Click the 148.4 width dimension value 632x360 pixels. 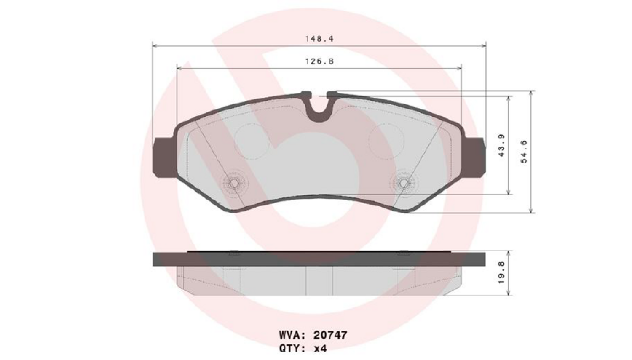pos(319,39)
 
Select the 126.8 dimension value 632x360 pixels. pos(319,61)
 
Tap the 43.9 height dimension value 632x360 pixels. pos(501,145)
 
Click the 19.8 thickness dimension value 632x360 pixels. pos(501,273)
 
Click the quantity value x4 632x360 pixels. pos(320,348)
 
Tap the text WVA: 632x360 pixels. pos(292,335)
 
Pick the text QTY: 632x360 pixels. pos(292,348)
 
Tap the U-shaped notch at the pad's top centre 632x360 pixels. pos(319,109)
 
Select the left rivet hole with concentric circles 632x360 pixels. pos(234,184)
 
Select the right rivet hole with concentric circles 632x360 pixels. pos(403,184)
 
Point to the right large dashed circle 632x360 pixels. pos(386,141)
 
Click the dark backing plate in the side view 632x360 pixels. pos(319,259)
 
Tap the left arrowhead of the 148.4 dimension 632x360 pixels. pos(155,45)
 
